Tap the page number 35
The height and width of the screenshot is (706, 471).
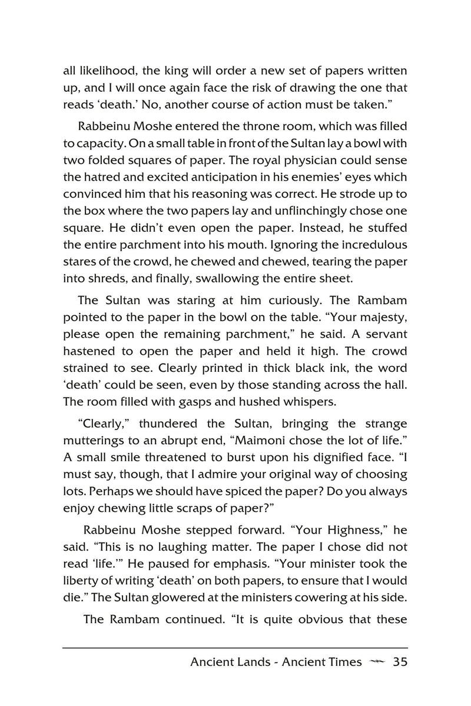click(x=400, y=662)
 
